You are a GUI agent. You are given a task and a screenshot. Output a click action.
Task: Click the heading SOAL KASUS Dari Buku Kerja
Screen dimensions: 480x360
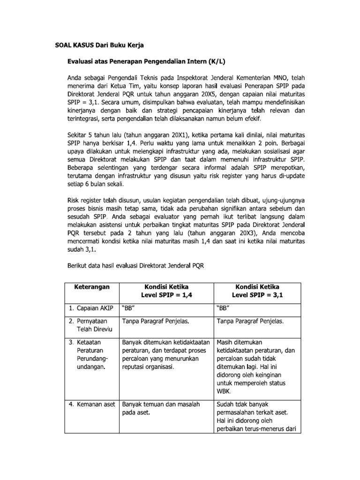coord(97,45)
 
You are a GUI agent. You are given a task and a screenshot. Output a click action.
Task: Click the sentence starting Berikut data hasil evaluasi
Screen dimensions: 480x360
coord(136,265)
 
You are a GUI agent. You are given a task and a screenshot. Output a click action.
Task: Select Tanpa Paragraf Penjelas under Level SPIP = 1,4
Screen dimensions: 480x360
coord(156,322)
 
